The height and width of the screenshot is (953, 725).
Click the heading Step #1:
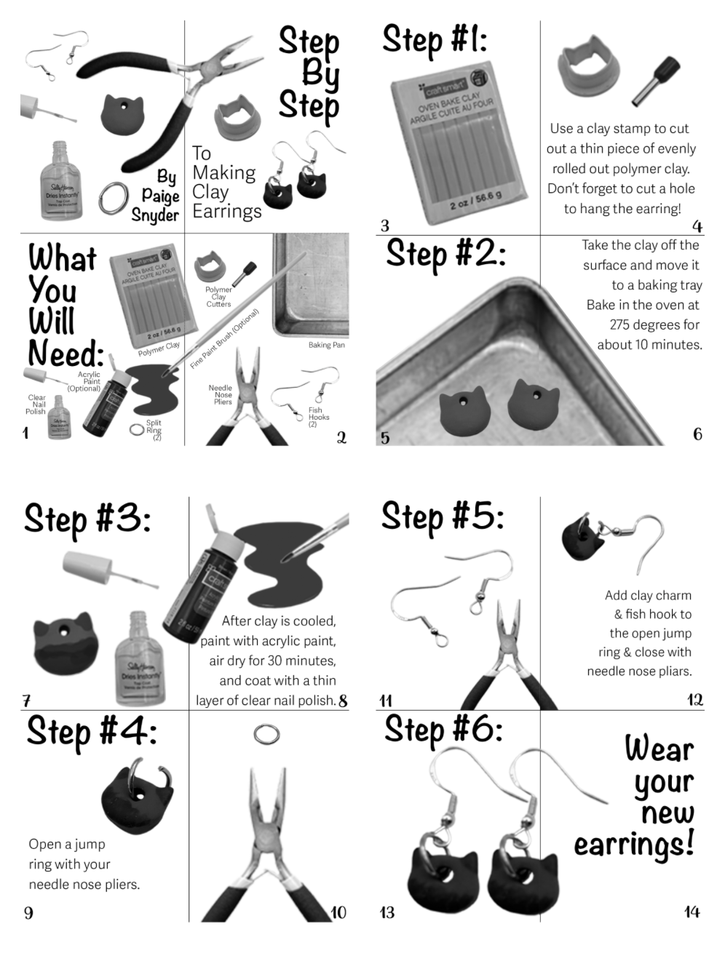click(x=435, y=40)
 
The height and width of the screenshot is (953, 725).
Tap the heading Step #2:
click(x=445, y=255)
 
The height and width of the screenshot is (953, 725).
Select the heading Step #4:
click(x=91, y=731)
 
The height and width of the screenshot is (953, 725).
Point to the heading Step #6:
click(x=443, y=730)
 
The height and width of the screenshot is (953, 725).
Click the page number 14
click(x=692, y=912)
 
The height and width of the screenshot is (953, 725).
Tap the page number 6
click(x=697, y=434)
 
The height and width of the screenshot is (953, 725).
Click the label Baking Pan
click(x=326, y=345)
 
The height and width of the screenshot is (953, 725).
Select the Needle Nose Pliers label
click(x=221, y=395)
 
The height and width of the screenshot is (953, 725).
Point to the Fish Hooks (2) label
click(x=318, y=418)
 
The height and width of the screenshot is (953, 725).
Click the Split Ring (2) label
click(x=154, y=430)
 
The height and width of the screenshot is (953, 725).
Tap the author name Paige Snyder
click(x=160, y=196)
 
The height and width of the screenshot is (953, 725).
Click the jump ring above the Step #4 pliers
click(x=267, y=733)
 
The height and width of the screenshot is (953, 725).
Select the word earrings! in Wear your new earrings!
click(x=633, y=845)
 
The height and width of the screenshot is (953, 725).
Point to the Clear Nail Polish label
click(x=36, y=404)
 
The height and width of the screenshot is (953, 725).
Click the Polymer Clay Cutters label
click(x=218, y=297)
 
